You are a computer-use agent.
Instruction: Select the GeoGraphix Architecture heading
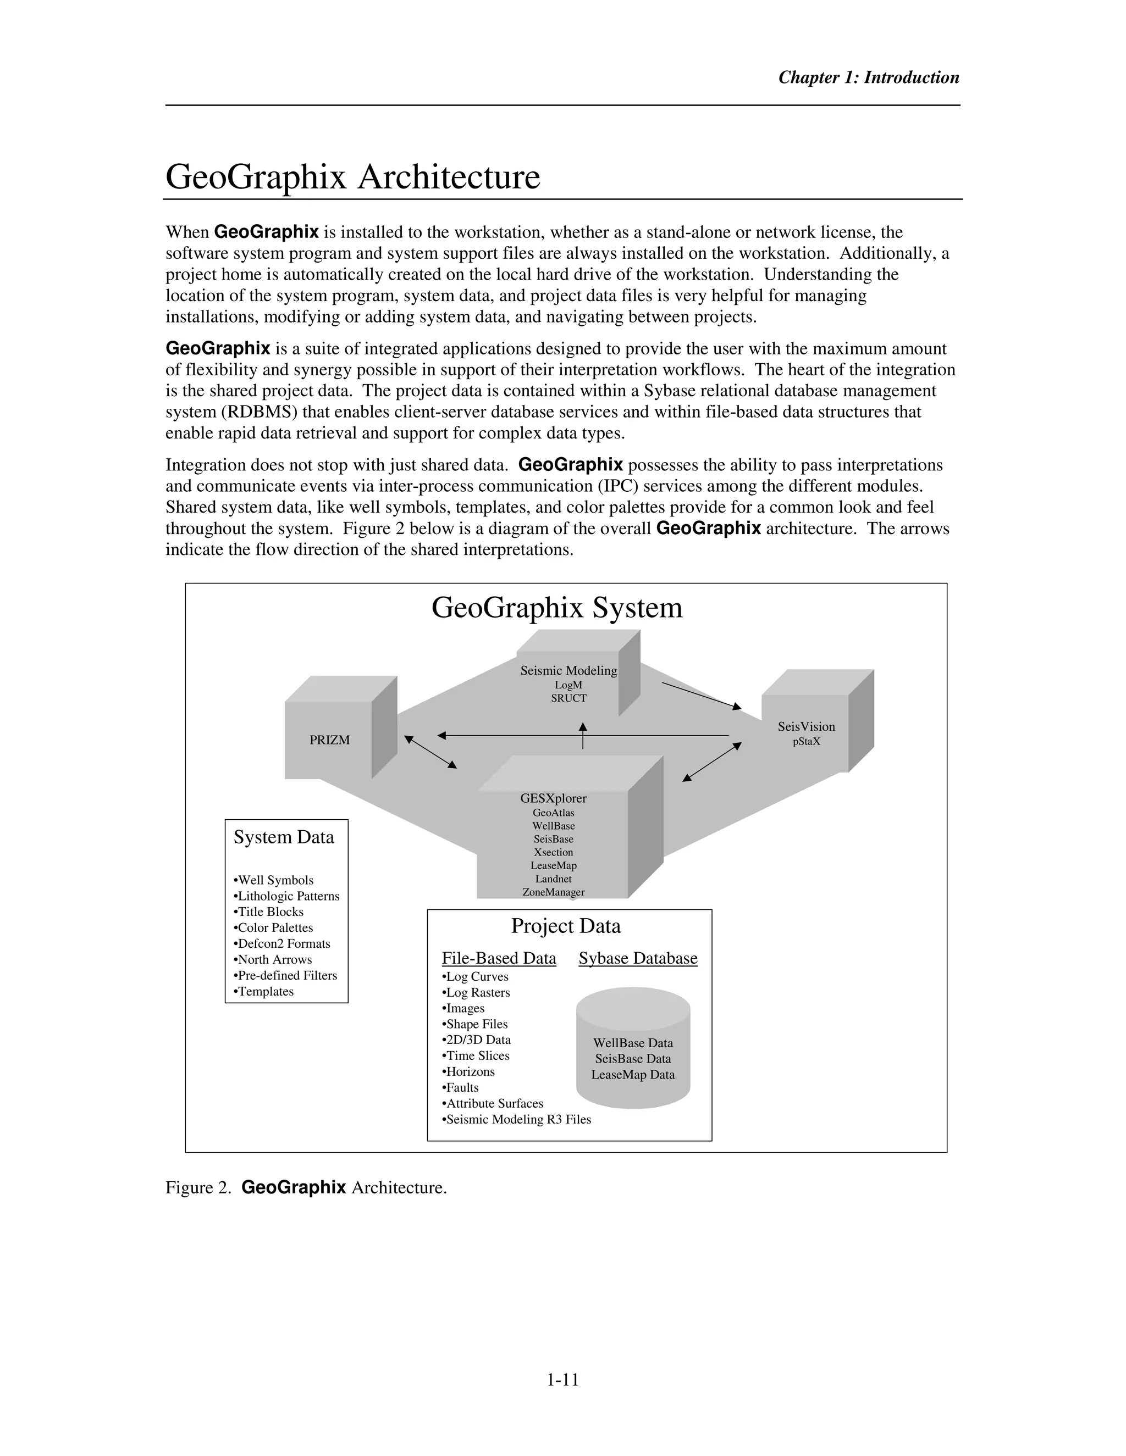click(x=352, y=177)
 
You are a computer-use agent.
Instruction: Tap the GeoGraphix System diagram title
click(x=557, y=607)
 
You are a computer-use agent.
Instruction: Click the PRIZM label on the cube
click(x=329, y=740)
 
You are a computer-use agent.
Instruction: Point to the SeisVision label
click(x=806, y=727)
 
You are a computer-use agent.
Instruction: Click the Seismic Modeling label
click(x=568, y=671)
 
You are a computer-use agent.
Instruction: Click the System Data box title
click(x=284, y=837)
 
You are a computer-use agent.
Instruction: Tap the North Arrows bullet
click(x=273, y=959)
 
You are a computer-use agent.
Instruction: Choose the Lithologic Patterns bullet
click(x=287, y=896)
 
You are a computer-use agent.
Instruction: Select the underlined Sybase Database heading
click(x=638, y=958)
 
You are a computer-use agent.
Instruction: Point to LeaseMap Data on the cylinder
click(x=632, y=1075)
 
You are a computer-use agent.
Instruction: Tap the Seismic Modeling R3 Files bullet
click(x=517, y=1119)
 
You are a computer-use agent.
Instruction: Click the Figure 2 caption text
click(x=306, y=1187)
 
